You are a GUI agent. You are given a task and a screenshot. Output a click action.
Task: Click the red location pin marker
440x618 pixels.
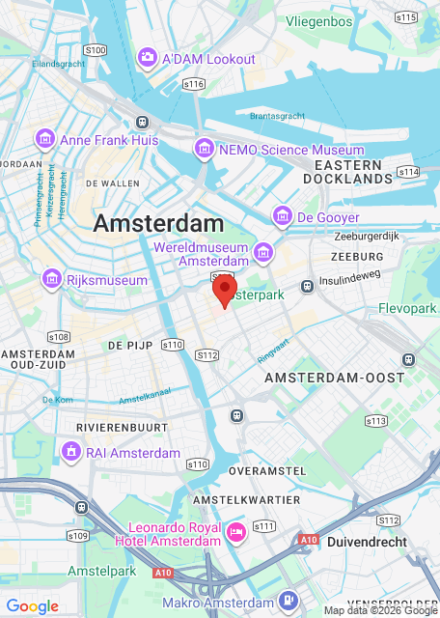click(x=224, y=288)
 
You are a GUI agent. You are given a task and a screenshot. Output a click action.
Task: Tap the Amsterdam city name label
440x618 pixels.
click(x=158, y=223)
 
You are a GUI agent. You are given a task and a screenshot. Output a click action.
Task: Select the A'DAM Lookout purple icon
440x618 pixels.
click(x=148, y=59)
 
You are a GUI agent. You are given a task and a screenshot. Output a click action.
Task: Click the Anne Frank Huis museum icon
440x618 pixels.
click(x=44, y=140)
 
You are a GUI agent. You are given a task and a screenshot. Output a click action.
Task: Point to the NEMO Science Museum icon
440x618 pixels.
click(x=204, y=150)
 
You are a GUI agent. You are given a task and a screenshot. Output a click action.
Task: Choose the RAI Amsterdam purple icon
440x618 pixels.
click(x=70, y=452)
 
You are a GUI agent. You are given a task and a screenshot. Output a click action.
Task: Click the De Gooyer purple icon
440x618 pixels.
click(x=283, y=217)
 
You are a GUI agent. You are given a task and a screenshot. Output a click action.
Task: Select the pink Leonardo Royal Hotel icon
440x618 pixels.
click(x=235, y=532)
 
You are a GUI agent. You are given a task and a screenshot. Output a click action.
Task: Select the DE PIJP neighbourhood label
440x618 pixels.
click(x=127, y=345)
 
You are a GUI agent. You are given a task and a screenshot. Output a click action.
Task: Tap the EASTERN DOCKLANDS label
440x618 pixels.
click(x=347, y=171)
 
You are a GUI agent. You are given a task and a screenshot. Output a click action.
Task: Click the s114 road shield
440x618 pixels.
click(x=409, y=171)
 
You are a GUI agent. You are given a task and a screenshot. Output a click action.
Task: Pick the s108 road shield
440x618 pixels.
click(x=59, y=337)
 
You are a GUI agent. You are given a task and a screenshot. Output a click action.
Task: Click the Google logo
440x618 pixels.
click(x=32, y=605)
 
